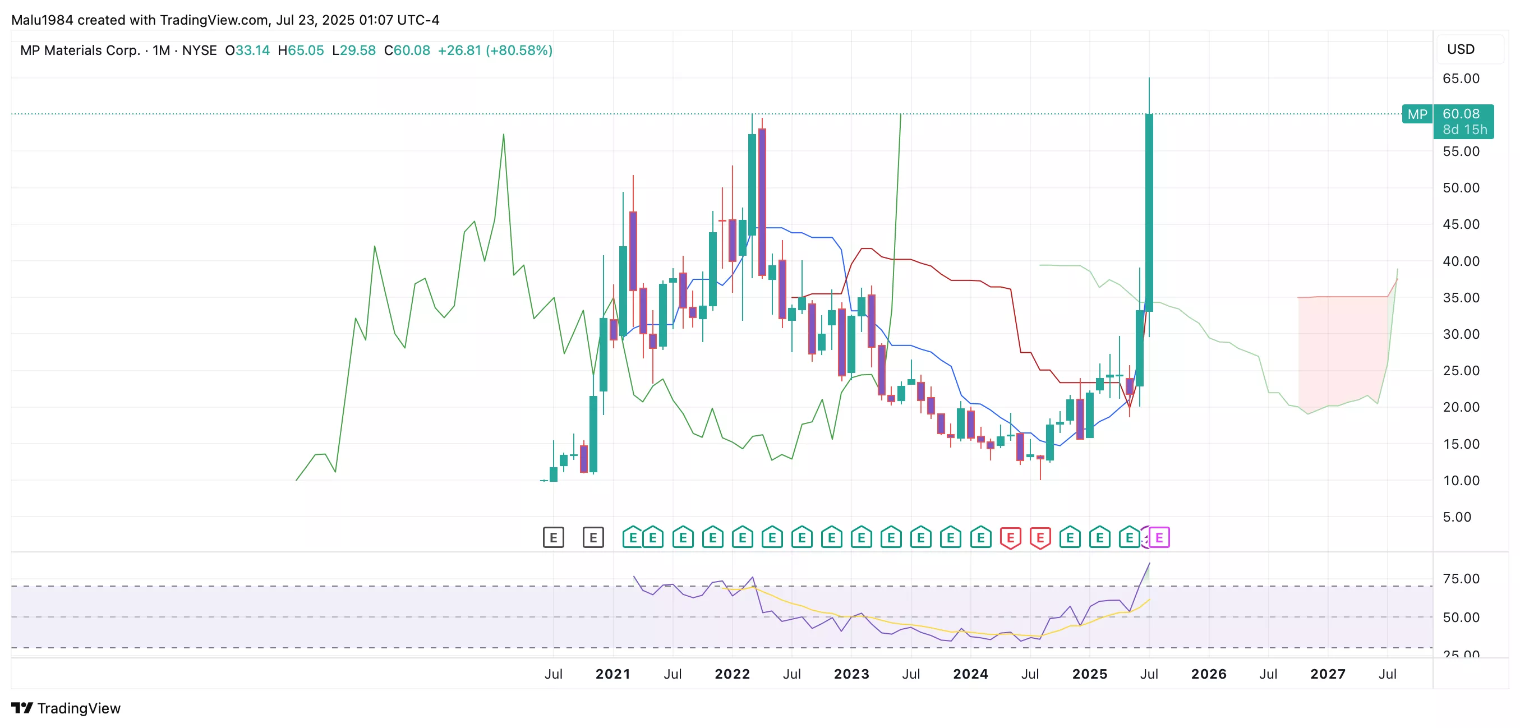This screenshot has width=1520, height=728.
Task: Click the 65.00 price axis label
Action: tap(1461, 79)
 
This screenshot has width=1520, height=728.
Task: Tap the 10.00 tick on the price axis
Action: tap(1461, 480)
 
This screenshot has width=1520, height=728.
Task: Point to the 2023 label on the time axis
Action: tap(851, 674)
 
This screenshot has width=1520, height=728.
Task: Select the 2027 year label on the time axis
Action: tap(1328, 674)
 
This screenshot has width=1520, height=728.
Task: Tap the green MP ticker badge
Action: tap(1417, 114)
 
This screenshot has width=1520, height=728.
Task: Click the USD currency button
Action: tap(1461, 49)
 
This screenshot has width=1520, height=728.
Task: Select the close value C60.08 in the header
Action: tap(407, 50)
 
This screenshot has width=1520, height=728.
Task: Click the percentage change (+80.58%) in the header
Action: tap(519, 50)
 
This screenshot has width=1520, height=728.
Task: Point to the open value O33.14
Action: tap(247, 50)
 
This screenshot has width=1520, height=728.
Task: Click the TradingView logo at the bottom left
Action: tap(66, 708)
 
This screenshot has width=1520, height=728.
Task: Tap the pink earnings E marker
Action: tap(1159, 537)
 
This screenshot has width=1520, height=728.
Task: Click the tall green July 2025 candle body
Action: tap(1149, 213)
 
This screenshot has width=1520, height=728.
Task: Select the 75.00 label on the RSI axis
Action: tap(1461, 578)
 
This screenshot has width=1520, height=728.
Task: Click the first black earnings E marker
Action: tap(553, 537)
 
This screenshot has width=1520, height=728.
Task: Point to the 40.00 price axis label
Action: tap(1461, 261)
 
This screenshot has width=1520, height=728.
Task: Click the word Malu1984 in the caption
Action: tap(42, 20)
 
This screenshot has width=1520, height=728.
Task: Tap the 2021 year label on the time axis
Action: tap(612, 674)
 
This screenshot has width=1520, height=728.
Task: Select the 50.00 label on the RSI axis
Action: tap(1461, 617)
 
